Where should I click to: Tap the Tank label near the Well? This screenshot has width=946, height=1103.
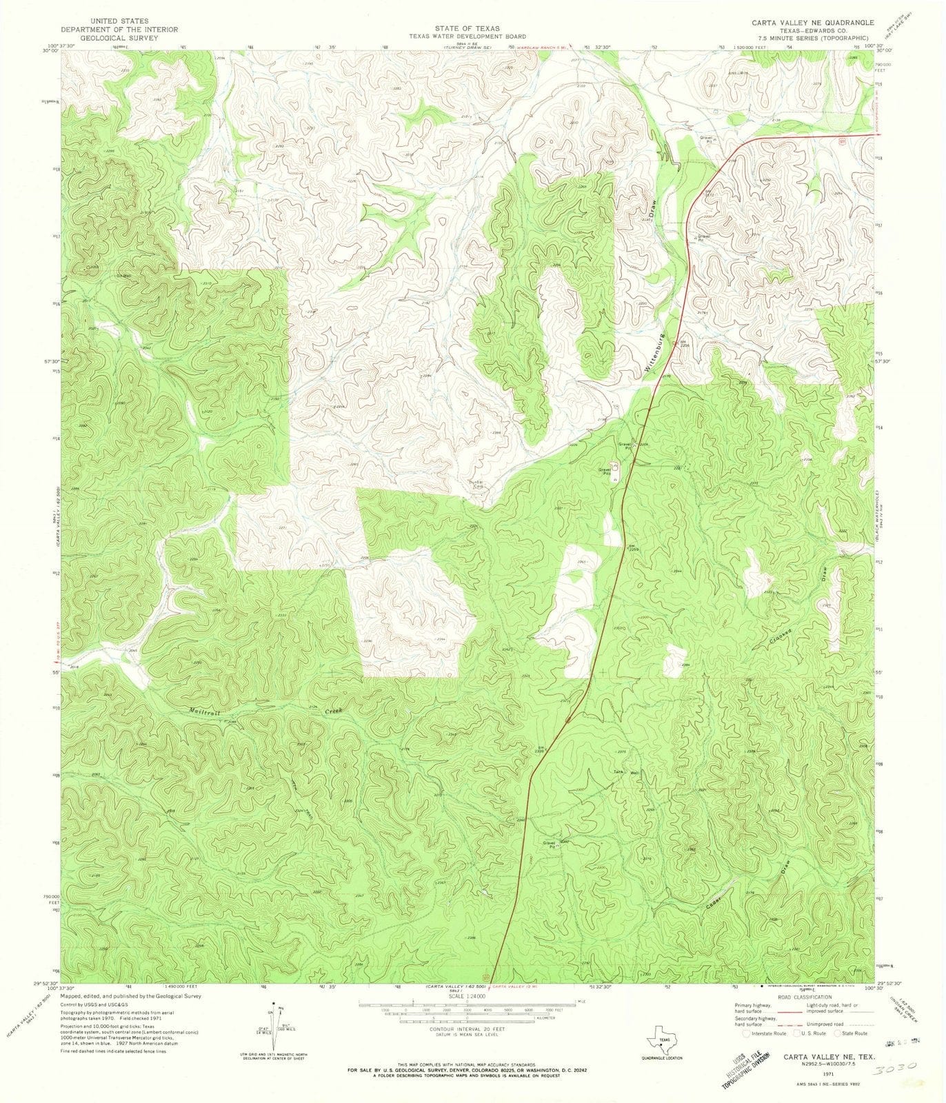pos(618,772)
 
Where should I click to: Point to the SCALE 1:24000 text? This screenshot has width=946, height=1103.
pos(467,996)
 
